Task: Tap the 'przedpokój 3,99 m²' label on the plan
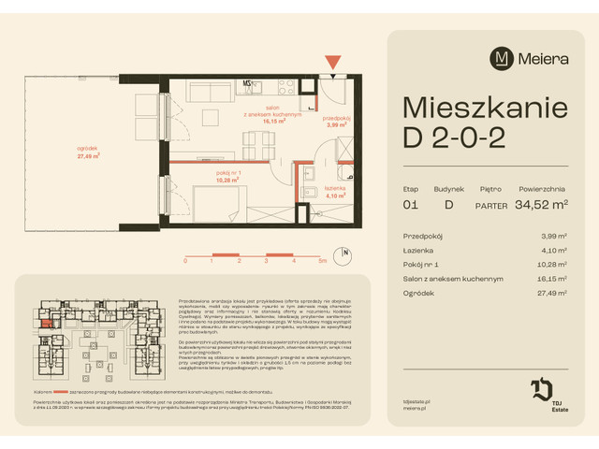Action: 336,121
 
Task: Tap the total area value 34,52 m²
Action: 534,205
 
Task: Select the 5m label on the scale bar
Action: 321,262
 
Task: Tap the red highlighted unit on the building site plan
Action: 46,326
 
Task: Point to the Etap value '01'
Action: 409,205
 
